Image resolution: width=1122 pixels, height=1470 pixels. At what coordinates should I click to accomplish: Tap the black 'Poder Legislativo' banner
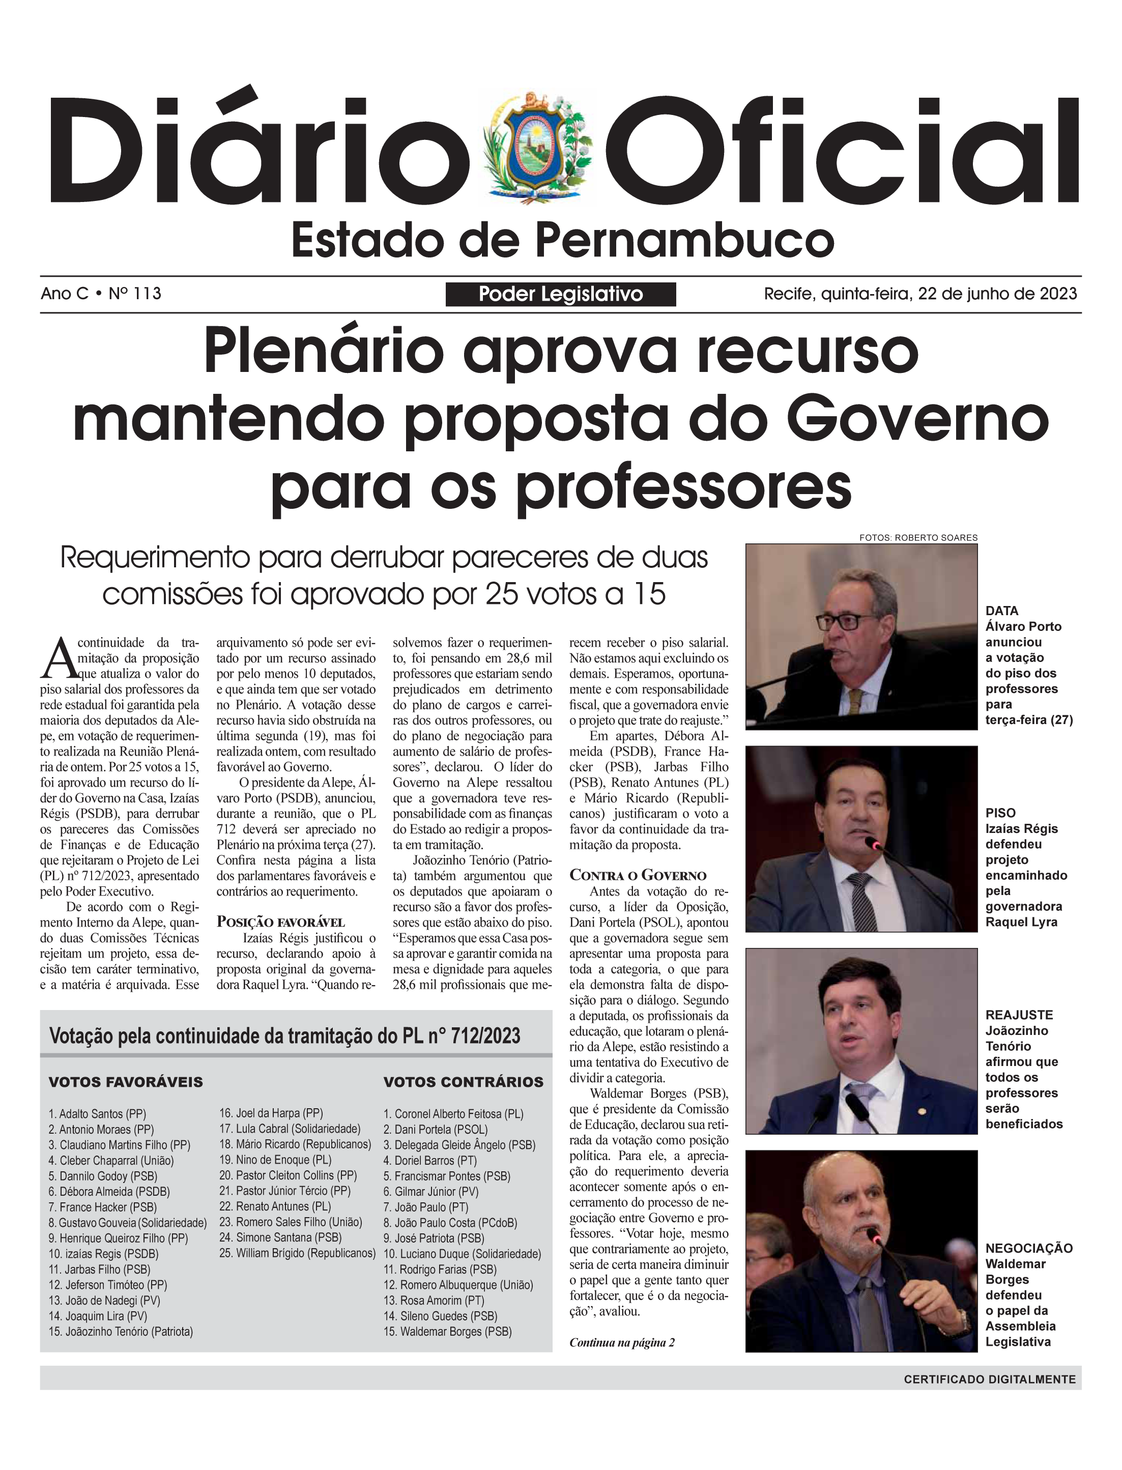[560, 294]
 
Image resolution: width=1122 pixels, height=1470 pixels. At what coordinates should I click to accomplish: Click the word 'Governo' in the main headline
[917, 419]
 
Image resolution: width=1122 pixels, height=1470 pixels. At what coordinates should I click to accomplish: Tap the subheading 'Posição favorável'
[280, 923]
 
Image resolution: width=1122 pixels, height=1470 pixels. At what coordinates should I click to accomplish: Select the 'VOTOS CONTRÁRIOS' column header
[464, 1082]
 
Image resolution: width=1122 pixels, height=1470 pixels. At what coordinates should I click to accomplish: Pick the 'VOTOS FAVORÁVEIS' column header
[126, 1082]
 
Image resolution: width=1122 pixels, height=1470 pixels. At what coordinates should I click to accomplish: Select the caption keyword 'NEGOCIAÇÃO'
[1028, 1248]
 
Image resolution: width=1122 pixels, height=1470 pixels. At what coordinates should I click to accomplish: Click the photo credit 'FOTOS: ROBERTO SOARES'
[918, 538]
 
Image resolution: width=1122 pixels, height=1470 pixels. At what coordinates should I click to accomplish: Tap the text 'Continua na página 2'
[622, 1342]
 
